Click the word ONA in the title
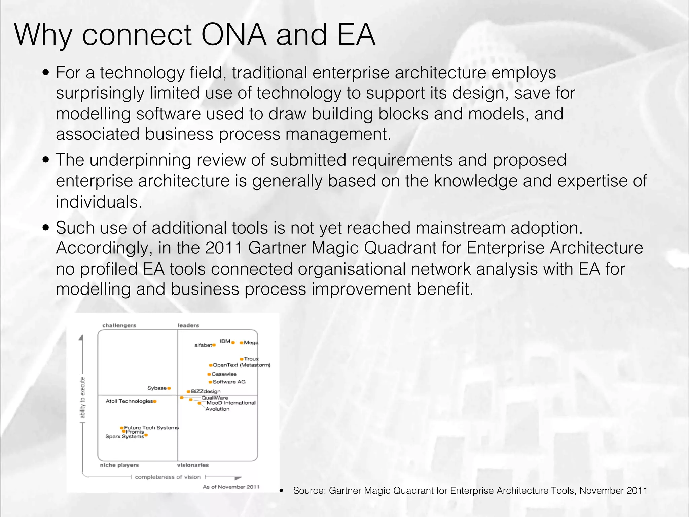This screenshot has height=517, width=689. [234, 35]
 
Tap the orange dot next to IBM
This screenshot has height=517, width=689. [233, 343]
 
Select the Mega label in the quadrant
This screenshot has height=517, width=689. [251, 343]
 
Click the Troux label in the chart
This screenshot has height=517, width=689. [251, 359]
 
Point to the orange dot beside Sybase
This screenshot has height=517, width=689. [169, 388]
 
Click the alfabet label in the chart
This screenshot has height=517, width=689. [203, 345]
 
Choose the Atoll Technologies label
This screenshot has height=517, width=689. [129, 401]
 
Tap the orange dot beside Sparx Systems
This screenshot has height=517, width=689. [146, 435]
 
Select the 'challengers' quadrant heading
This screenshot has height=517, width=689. [119, 325]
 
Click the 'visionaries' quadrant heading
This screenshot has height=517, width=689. [193, 465]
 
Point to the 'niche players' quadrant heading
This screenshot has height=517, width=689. [119, 465]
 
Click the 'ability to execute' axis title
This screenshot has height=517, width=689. [82, 397]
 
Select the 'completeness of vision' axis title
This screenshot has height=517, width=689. [168, 477]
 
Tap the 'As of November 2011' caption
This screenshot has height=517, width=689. [231, 487]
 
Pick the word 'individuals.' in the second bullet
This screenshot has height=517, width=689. [99, 202]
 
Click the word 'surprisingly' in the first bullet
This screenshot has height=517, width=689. [100, 93]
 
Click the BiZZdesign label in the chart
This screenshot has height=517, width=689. [206, 391]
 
